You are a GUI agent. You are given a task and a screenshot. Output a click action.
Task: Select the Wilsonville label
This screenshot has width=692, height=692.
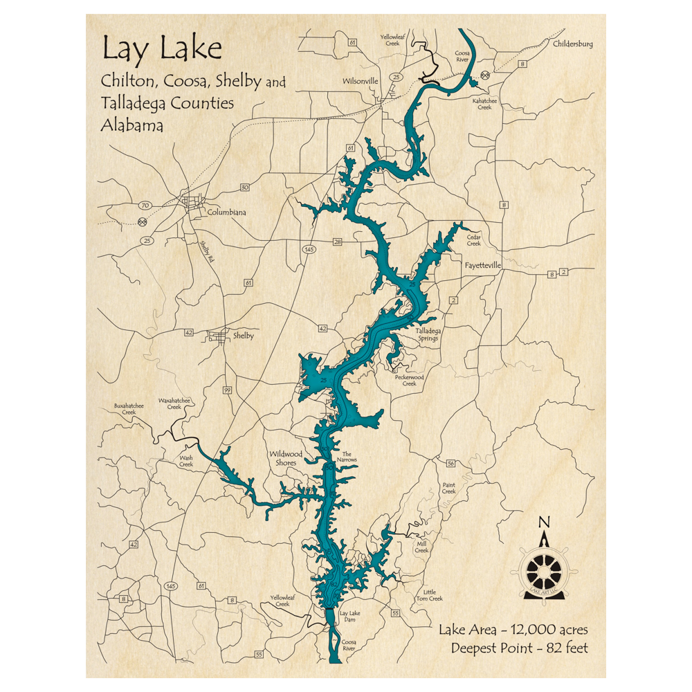(x=361, y=81)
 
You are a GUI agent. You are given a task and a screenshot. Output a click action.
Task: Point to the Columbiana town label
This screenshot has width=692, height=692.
(x=226, y=212)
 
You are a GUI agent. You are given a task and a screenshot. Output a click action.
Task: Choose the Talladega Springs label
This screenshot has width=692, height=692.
(x=426, y=335)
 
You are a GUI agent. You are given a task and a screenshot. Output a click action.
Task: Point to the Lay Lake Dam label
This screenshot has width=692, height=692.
(x=350, y=617)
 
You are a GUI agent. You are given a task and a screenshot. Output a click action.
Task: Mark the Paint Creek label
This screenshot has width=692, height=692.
(x=449, y=489)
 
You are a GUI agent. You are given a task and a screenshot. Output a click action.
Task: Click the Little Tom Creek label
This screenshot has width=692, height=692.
(x=433, y=594)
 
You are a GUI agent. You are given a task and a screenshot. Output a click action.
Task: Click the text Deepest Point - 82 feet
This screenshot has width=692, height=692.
(x=519, y=648)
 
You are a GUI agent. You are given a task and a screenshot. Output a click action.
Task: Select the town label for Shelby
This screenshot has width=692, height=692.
(x=243, y=336)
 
